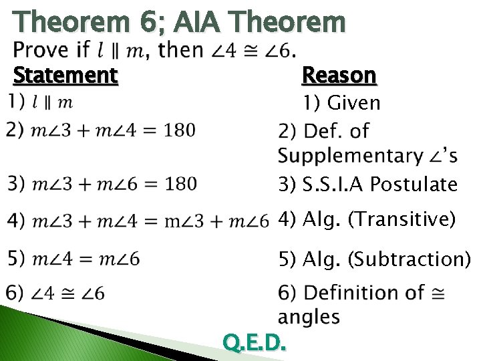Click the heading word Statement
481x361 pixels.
pos(65,74)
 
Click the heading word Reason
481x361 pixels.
pos(339,75)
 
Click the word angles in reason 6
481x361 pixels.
pos(309,316)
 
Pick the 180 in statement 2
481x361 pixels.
pos(180,130)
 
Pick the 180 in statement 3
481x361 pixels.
pos(180,183)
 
